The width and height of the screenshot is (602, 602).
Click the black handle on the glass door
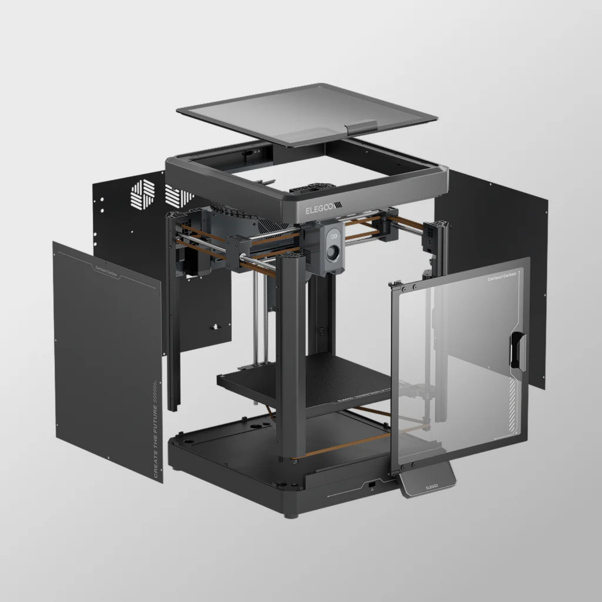coord(515,350)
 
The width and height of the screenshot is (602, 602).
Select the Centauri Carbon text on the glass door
coord(501,278)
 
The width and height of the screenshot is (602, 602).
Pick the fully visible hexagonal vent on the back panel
coord(143,194)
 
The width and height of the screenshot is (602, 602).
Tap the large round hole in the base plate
coord(257,426)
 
